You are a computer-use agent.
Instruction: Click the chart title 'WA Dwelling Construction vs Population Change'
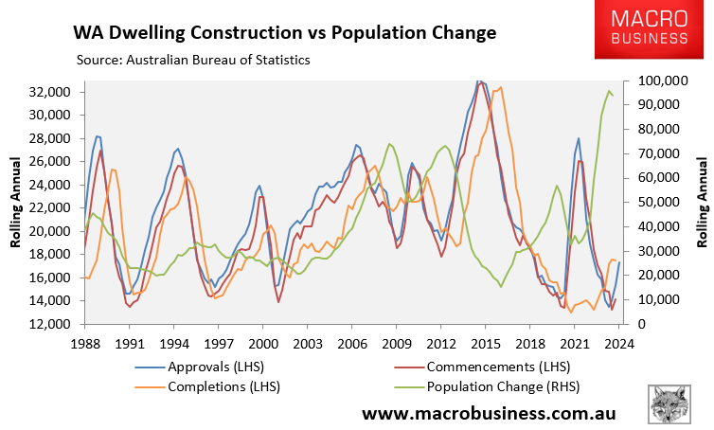[285, 33]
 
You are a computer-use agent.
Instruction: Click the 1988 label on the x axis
[84, 343]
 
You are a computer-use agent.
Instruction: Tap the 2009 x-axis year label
[396, 343]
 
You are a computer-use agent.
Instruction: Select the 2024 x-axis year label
[618, 343]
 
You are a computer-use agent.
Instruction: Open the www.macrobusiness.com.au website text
[490, 413]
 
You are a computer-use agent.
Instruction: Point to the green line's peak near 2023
[607, 91]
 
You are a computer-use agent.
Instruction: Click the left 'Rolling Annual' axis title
[16, 204]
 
